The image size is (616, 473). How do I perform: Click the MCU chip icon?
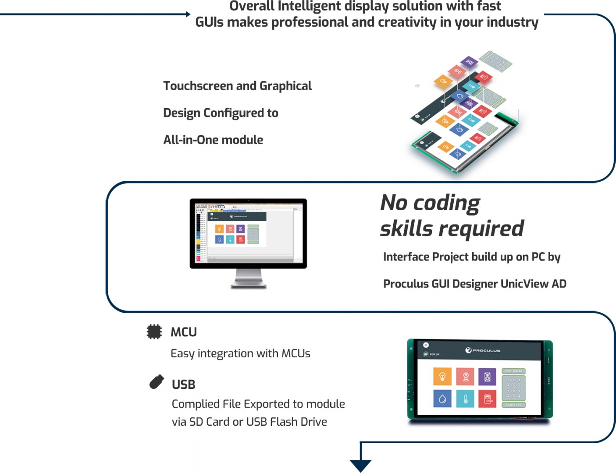click(x=154, y=332)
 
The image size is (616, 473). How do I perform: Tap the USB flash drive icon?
click(x=157, y=382)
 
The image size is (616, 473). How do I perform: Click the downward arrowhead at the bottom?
click(x=360, y=466)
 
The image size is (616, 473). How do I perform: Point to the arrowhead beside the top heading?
click(x=188, y=14)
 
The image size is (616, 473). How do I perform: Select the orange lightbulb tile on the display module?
click(x=442, y=376)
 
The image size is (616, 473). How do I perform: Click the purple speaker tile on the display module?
click(x=487, y=376)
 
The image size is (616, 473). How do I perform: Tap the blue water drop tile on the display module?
click(x=442, y=399)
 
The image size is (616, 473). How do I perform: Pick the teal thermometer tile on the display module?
click(x=465, y=399)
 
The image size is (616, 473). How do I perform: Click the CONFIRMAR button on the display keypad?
click(x=513, y=371)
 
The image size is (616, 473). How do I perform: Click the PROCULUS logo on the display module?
click(x=483, y=350)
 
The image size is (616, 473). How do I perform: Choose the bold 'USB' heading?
click(x=183, y=385)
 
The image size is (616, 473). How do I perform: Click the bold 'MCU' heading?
click(x=183, y=332)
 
